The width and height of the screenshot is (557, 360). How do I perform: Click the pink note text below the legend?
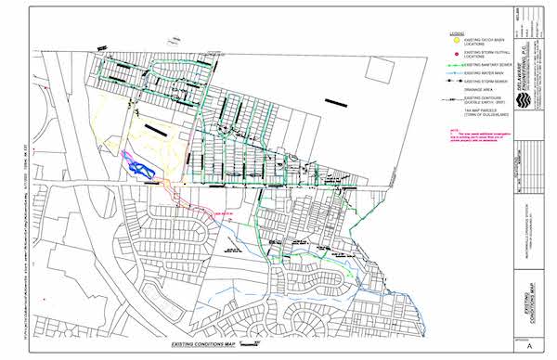pos(473,134)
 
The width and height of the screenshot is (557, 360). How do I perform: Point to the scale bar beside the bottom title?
pos(248,343)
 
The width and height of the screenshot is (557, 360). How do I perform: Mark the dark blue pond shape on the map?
pos(139,167)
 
